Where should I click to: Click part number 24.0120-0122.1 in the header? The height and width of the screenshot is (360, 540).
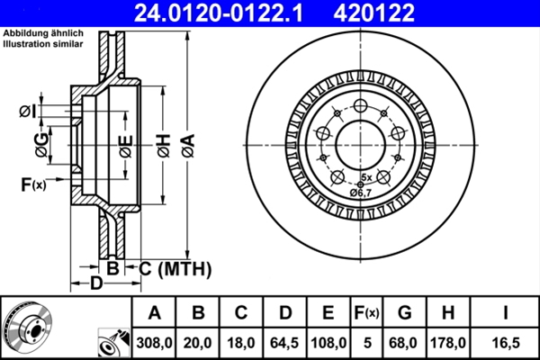(x=219, y=13)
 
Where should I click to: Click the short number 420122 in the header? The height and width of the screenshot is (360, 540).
(x=373, y=13)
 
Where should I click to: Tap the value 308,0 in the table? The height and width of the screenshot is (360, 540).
(x=154, y=343)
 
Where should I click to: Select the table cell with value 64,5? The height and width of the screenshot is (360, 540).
(x=284, y=343)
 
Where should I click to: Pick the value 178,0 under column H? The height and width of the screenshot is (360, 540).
(x=448, y=343)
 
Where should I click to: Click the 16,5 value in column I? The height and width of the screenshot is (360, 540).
(x=505, y=343)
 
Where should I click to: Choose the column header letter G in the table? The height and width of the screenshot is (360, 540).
(x=405, y=313)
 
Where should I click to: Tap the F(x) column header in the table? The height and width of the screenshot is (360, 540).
(x=366, y=313)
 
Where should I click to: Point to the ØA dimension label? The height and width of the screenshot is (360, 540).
(x=188, y=146)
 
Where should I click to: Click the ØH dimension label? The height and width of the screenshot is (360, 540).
(x=165, y=146)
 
